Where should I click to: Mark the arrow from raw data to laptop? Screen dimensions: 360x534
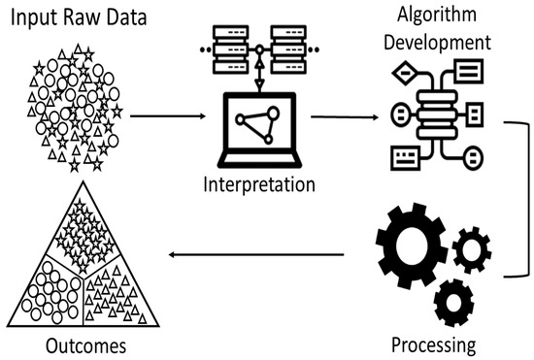(165, 115)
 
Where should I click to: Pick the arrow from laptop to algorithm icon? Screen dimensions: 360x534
(343, 118)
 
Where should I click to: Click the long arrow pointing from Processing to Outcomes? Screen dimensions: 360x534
(256, 255)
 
